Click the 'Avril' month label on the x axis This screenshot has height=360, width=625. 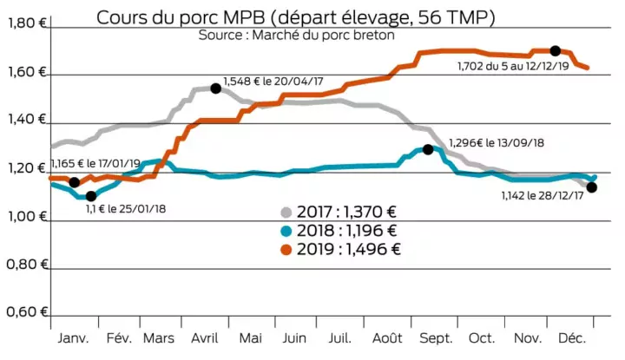pos(205,338)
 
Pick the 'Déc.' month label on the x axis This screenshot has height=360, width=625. pos(571,338)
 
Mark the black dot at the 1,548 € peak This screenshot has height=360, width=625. pos(215,88)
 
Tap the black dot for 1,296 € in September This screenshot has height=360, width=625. pos(428,149)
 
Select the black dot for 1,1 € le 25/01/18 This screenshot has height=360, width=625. pos(91,195)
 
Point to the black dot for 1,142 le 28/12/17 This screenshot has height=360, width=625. pos(592,187)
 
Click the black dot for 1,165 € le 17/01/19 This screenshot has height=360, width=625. pos(74,182)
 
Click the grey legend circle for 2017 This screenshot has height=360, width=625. pos(287,213)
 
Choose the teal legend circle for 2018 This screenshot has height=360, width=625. pos(287,231)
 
